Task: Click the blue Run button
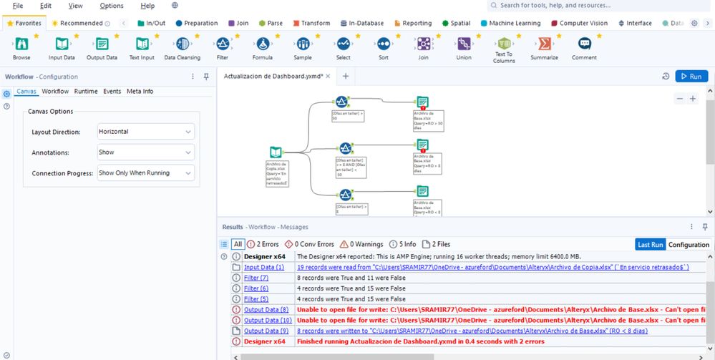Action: [x=691, y=76]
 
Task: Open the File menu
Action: [x=18, y=6]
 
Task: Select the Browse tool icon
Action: [x=21, y=44]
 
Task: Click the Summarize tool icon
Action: [x=544, y=44]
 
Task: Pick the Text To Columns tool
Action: [x=504, y=44]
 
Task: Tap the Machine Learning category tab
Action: [x=510, y=23]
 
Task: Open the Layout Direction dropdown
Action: [x=145, y=132]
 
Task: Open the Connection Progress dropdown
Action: [x=145, y=173]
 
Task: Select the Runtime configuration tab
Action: [x=86, y=92]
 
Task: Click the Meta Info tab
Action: [x=140, y=92]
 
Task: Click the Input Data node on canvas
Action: [x=276, y=152]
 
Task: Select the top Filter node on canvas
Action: [x=342, y=102]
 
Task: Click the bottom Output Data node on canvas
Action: [x=422, y=191]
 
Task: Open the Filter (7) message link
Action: [x=256, y=278]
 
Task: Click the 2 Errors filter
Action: [x=263, y=245]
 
